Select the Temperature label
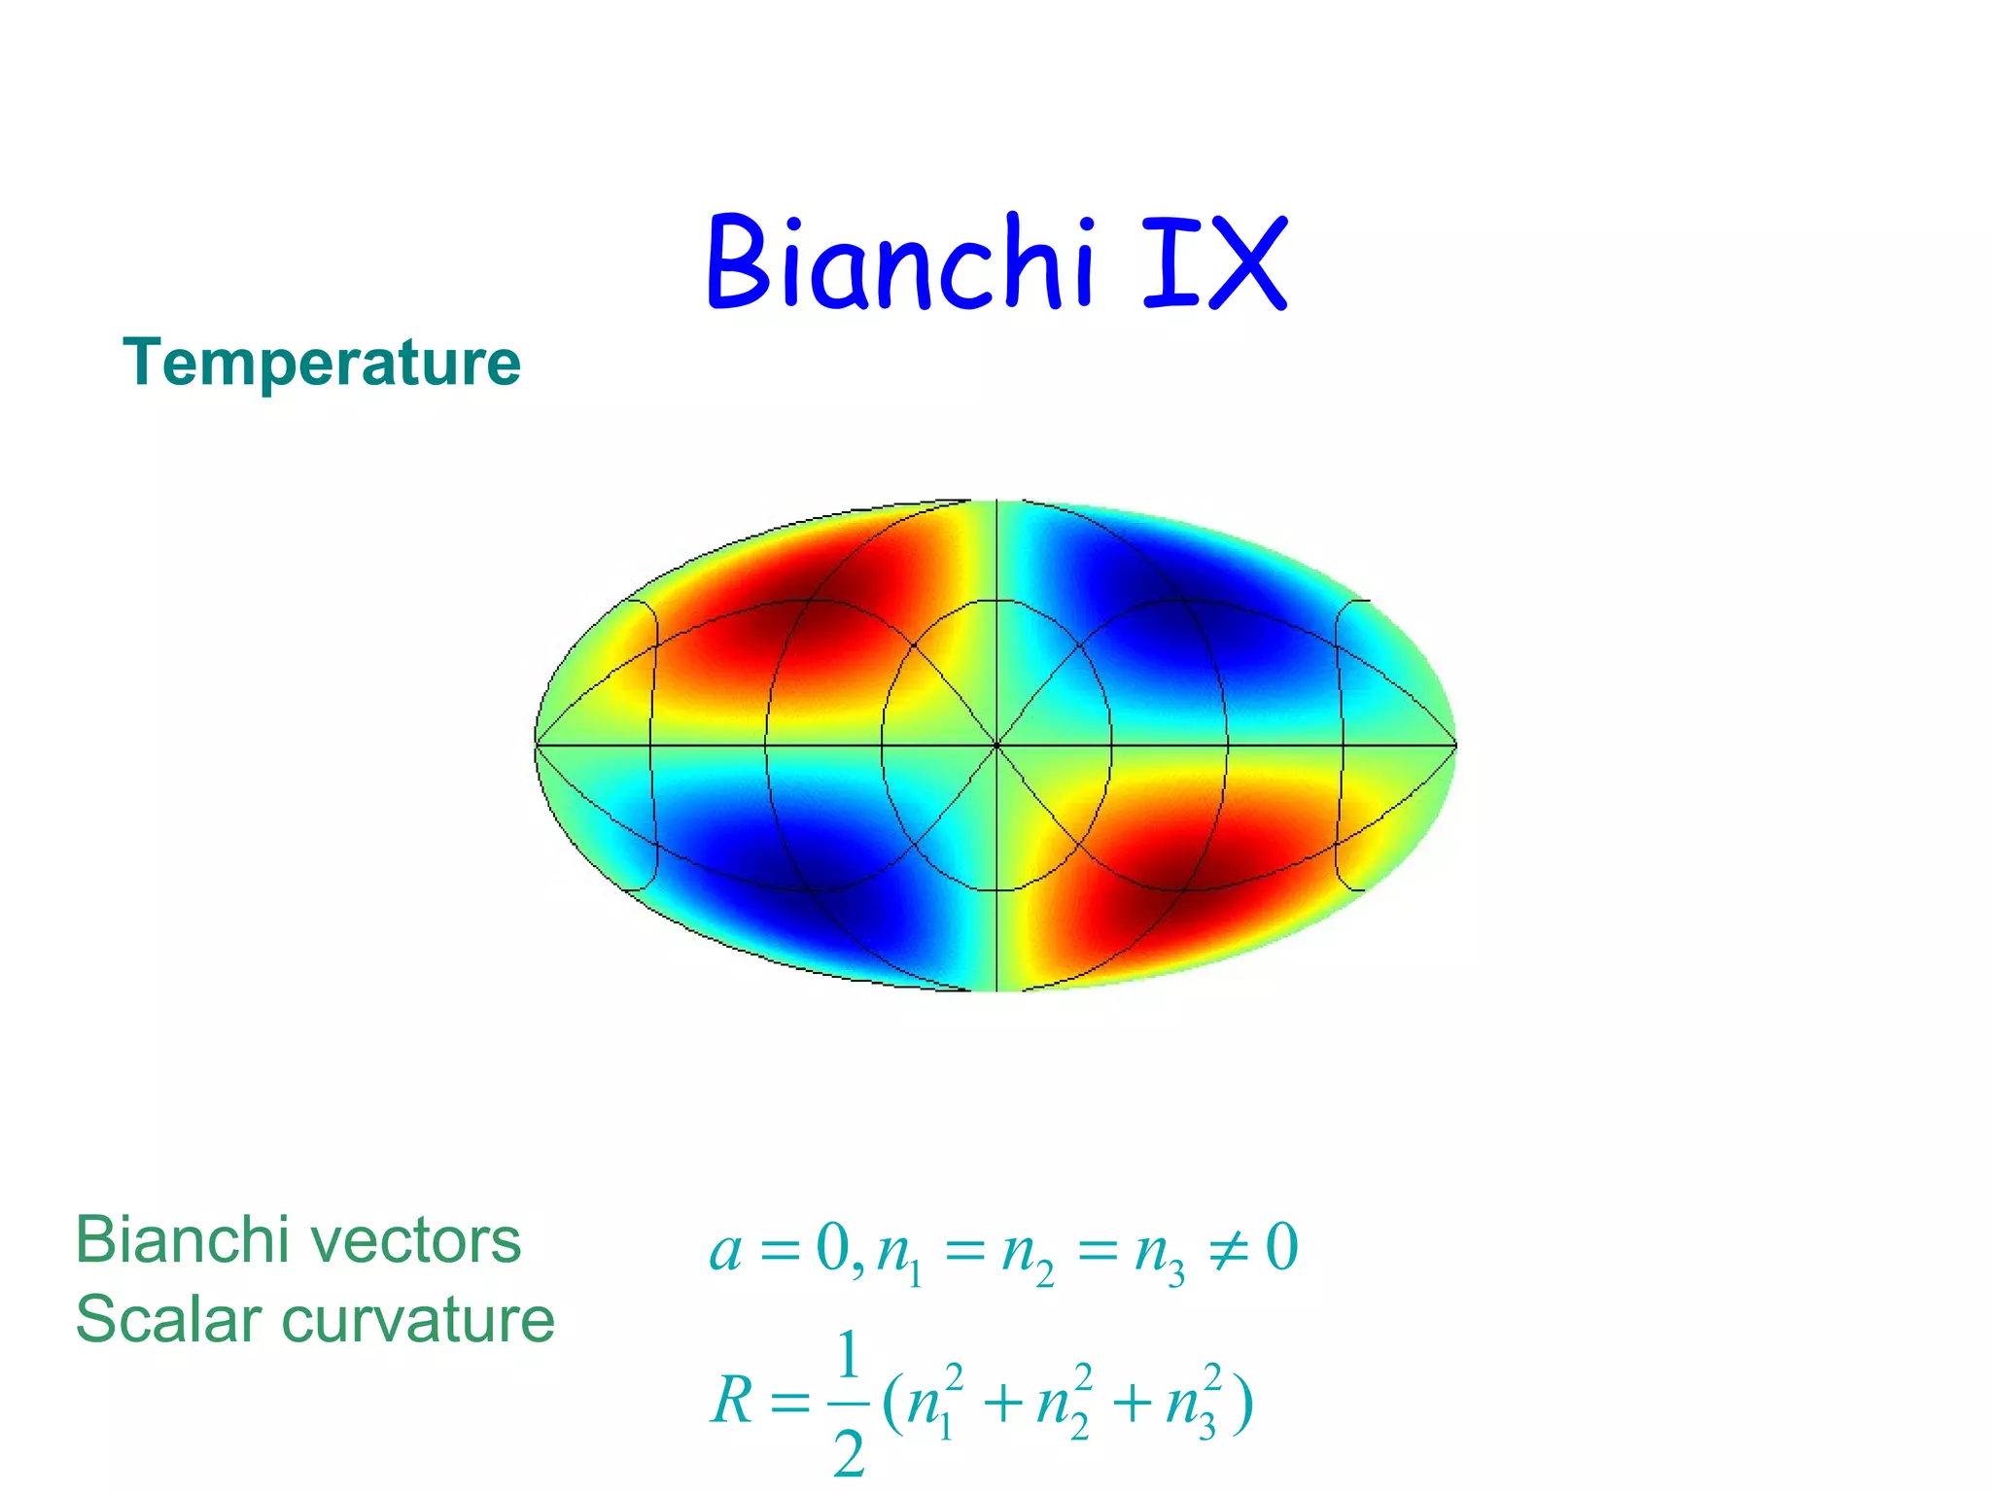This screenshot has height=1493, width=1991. click(x=322, y=363)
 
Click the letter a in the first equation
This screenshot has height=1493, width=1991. click(x=726, y=1250)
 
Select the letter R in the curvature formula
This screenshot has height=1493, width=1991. click(x=733, y=1402)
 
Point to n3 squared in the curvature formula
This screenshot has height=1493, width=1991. click(x=1193, y=1402)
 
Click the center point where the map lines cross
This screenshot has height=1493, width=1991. click(x=996, y=746)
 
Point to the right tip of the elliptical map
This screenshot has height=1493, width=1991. click(x=1455, y=746)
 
